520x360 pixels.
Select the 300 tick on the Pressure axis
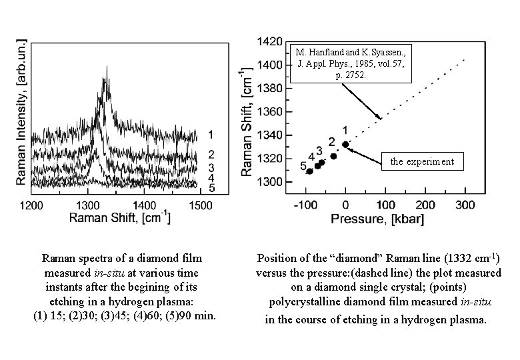tap(465, 204)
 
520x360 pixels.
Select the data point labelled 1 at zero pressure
tap(345, 144)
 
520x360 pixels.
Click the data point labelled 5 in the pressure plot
tap(309, 171)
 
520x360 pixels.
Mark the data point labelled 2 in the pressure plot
tap(333, 156)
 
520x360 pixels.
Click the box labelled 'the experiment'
tap(422, 161)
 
